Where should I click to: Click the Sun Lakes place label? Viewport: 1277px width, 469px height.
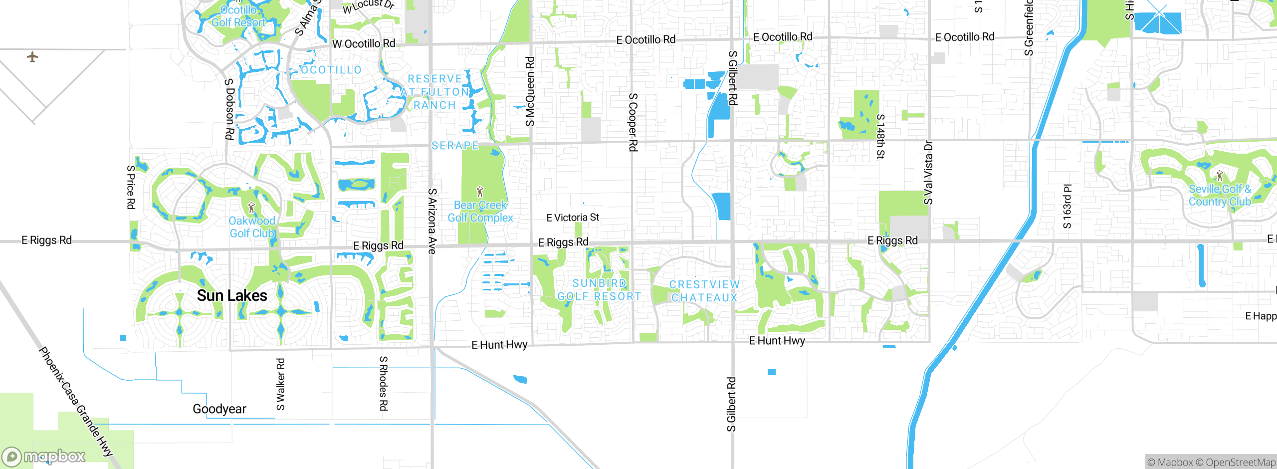(232, 295)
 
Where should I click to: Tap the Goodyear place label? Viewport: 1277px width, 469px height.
(219, 409)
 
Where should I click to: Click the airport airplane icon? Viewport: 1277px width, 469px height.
(32, 57)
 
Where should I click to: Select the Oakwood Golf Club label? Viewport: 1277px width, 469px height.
(252, 227)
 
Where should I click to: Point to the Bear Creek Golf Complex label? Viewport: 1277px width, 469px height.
(480, 212)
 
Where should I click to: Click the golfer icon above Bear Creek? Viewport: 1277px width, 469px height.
(480, 192)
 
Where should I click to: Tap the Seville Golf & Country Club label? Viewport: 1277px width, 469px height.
(1220, 196)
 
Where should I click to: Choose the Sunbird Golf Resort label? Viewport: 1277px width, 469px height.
(599, 290)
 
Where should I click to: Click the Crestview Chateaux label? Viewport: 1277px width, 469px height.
(704, 291)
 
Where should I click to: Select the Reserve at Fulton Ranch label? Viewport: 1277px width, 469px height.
(435, 92)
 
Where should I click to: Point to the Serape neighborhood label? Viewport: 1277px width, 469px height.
(455, 146)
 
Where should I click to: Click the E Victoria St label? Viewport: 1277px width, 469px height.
(573, 218)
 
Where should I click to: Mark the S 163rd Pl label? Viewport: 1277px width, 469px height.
(1067, 206)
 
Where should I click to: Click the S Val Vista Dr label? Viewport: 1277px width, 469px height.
(928, 173)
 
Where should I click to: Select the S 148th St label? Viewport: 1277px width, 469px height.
(880, 136)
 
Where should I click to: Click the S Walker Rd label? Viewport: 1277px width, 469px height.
(281, 384)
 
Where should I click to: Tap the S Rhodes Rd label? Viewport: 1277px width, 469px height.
(383, 383)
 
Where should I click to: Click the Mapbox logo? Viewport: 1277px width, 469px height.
(44, 456)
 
